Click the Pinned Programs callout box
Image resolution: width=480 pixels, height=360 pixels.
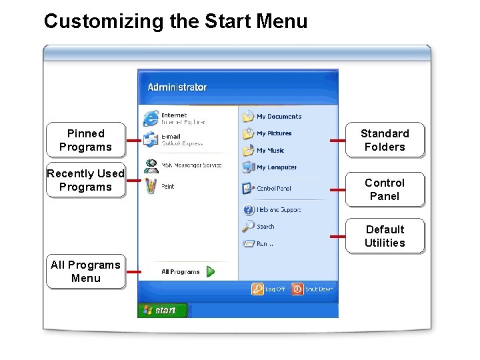coord(85,140)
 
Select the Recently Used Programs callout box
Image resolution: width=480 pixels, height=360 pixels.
coord(85,180)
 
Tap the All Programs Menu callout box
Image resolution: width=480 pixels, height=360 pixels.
coord(85,271)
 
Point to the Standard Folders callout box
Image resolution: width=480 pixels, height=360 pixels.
coord(385,140)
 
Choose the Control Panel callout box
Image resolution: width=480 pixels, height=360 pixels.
coord(385,189)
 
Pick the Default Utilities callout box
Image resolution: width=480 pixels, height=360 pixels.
coord(385,236)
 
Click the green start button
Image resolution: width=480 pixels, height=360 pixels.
coord(162,310)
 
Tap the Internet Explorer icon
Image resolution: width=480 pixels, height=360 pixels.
coord(151,118)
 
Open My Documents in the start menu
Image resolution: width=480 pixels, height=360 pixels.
coord(278,117)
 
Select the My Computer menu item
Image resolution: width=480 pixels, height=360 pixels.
coord(276,167)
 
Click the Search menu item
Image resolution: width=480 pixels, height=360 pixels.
coord(265,227)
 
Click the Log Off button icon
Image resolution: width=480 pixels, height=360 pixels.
coord(257,289)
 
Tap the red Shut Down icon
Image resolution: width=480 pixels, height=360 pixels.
coord(297,289)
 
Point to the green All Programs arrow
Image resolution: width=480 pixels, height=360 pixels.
coord(210,271)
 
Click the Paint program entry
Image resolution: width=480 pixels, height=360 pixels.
coord(167,187)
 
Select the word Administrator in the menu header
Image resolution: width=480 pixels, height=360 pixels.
coord(177,87)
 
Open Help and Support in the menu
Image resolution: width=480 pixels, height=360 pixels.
coord(278,210)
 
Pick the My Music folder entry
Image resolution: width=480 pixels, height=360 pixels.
coord(270,151)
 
